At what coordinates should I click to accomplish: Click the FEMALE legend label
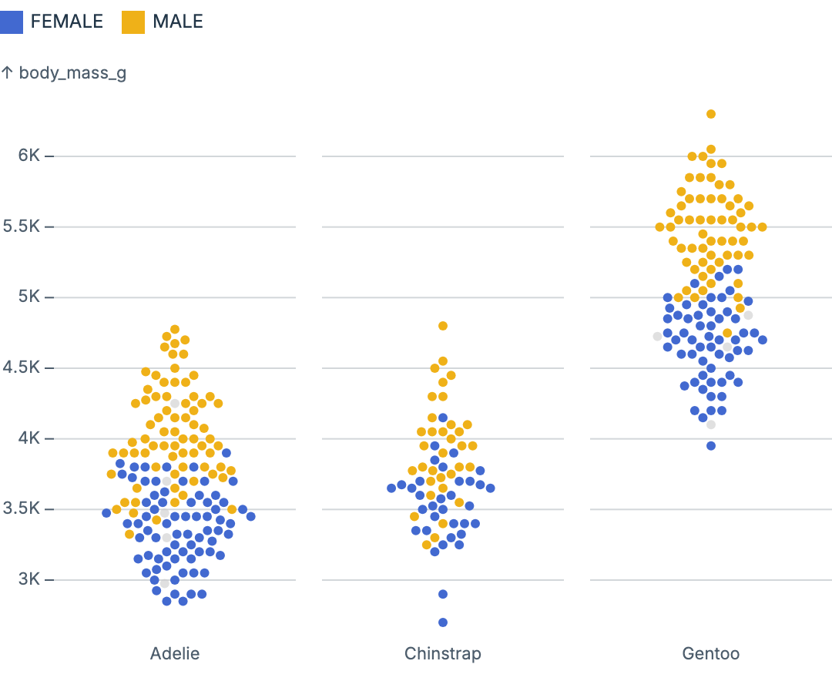coord(66,22)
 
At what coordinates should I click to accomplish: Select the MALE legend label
coord(178,22)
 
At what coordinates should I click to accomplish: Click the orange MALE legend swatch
coord(133,22)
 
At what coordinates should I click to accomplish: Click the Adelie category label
coord(175,654)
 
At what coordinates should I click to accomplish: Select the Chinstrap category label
coord(443,654)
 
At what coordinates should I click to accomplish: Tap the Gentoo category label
coord(711,654)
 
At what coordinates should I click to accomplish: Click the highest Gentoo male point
coord(711,114)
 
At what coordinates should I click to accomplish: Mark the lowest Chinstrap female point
coord(443,622)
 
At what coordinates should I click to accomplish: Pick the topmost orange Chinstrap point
coord(443,326)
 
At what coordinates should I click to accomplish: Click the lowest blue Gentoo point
coord(711,446)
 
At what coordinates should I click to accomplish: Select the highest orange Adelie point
coord(175,330)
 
